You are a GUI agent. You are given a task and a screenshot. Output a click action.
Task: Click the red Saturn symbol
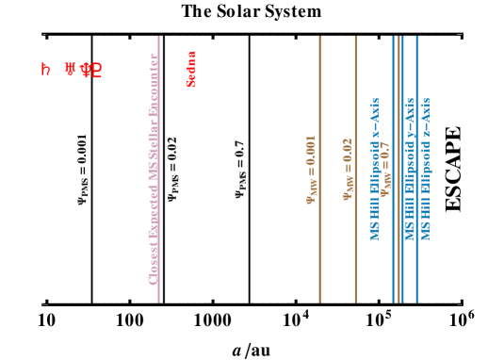pyautogui.click(x=45, y=69)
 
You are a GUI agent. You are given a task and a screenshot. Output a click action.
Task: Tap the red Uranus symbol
pyautogui.click(x=69, y=68)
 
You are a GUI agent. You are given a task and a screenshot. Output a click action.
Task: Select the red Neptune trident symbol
pyautogui.click(x=85, y=69)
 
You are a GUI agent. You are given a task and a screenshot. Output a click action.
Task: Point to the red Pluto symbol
pyautogui.click(x=96, y=69)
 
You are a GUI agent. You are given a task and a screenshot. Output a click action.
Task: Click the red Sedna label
pyautogui.click(x=191, y=69)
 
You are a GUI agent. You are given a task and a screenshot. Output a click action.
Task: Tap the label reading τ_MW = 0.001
pyautogui.click(x=312, y=170)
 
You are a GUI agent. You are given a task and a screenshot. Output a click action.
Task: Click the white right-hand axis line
pyautogui.click(x=462, y=170)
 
